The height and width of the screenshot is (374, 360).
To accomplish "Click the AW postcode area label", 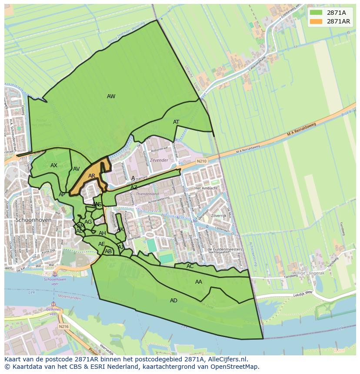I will tap(111, 96).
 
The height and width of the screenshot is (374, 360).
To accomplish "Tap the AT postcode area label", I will tap(176, 122).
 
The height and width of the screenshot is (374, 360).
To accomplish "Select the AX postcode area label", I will tap(54, 165).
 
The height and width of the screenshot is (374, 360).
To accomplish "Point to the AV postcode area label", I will tap(77, 169).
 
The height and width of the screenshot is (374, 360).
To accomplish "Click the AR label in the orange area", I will tap(92, 176).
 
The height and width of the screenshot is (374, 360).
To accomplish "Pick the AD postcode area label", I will tap(173, 301).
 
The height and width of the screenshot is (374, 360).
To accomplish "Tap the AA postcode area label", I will tap(199, 282).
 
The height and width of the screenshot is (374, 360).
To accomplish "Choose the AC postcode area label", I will tap(190, 266).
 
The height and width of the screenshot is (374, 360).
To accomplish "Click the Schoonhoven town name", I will tap(33, 220).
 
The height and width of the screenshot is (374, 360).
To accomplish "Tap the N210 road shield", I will tap(202, 161).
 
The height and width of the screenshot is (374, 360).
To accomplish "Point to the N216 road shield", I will tap(64, 326).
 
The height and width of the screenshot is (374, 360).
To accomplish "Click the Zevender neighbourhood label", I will tap(159, 161).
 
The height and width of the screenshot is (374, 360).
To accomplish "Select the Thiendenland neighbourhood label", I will tap(147, 194).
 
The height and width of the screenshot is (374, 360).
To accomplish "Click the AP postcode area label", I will tap(62, 195).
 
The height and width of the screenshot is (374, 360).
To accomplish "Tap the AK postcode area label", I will tap(120, 229).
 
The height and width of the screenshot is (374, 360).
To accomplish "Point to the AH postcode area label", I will tap(102, 233).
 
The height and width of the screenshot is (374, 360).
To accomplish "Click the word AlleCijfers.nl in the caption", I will tap(226, 359).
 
